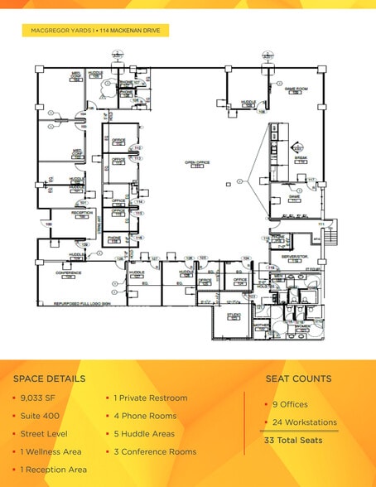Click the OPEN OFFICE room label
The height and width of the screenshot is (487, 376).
pos(197,163)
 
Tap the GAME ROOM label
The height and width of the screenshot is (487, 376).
pos(296,89)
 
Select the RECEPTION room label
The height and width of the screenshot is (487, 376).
pos(82,213)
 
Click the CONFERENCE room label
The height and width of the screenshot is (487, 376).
pos(68,272)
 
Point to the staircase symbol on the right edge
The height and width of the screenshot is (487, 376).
pos(333,237)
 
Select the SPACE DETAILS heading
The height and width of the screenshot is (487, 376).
pos(49,379)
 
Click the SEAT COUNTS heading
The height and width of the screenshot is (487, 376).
pos(298,379)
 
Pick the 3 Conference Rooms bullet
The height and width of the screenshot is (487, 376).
pos(155,451)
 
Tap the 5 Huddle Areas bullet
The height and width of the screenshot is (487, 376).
pos(145,433)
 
